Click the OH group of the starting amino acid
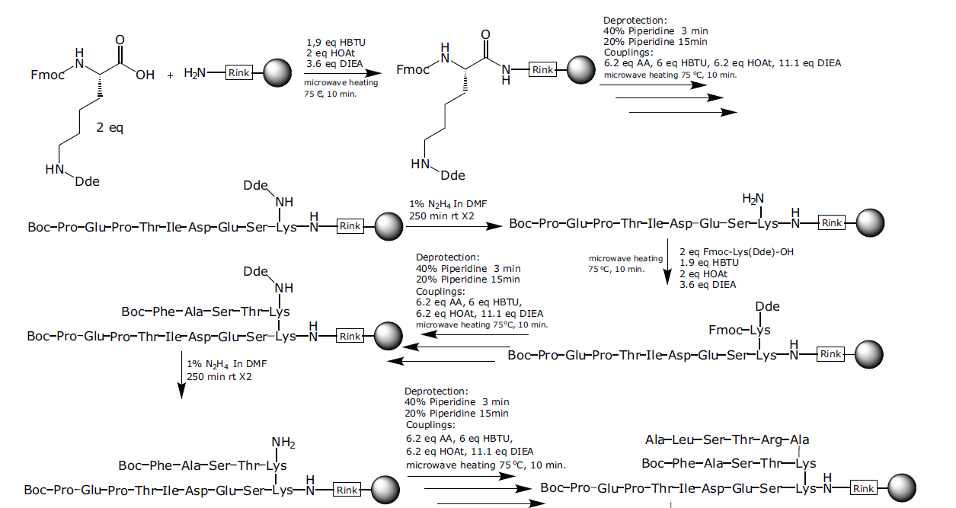pyautogui.click(x=145, y=75)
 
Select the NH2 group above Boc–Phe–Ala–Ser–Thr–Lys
pyautogui.click(x=283, y=443)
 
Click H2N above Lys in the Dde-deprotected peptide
pyautogui.click(x=753, y=199)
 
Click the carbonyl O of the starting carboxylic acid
pyautogui.click(x=120, y=39)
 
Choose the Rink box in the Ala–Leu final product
pyautogui.click(x=864, y=488)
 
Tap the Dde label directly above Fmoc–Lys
pyautogui.click(x=764, y=306)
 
